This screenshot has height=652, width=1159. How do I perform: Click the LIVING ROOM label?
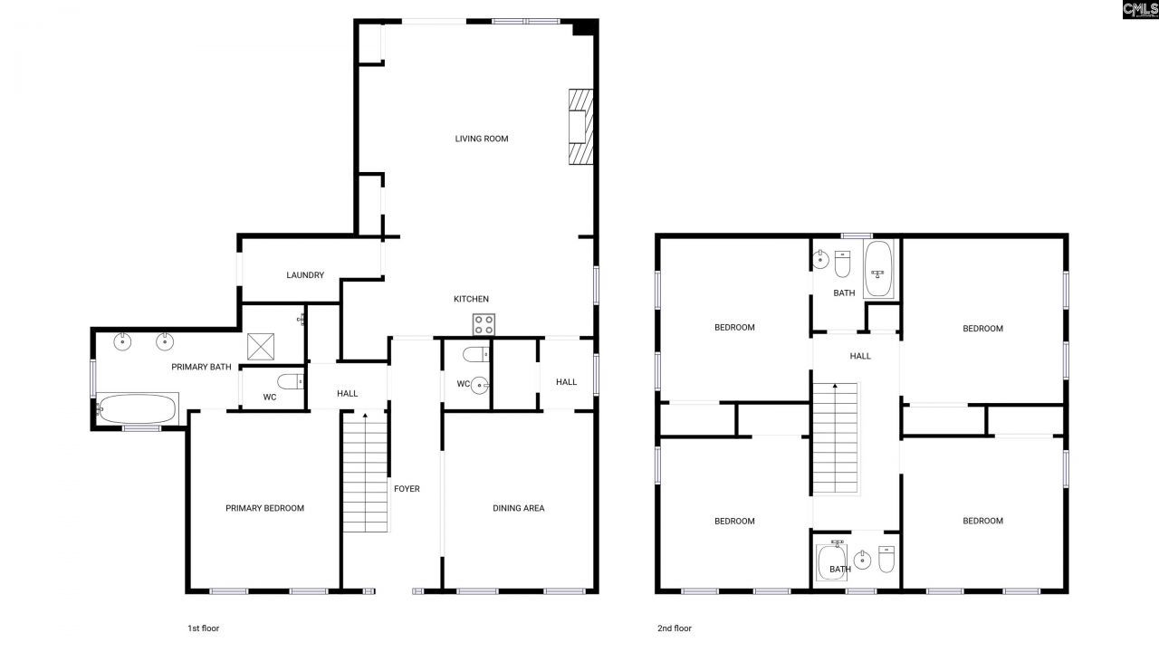pyautogui.click(x=481, y=139)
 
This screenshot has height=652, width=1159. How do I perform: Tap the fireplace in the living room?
pyautogui.click(x=579, y=127)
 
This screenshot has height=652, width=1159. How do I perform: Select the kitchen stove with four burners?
pyautogui.click(x=484, y=324)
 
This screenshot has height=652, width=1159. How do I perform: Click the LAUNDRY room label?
pyautogui.click(x=305, y=275)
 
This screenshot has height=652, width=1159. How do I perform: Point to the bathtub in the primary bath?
pyautogui.click(x=136, y=409)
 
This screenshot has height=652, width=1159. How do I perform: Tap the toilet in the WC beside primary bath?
pyautogui.click(x=289, y=380)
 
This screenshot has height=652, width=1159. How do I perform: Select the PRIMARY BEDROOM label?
pyautogui.click(x=264, y=508)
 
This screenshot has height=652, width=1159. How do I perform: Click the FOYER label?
pyautogui.click(x=407, y=489)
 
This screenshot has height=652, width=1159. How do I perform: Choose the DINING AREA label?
pyautogui.click(x=518, y=508)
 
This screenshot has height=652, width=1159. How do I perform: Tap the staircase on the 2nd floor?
pyautogui.click(x=834, y=438)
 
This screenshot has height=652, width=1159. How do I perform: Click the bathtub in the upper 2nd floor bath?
pyautogui.click(x=878, y=270)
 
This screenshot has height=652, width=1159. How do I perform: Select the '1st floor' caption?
pyautogui.click(x=203, y=628)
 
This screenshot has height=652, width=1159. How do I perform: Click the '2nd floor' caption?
pyautogui.click(x=675, y=628)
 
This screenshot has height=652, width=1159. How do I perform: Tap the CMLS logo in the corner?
pyautogui.click(x=1139, y=10)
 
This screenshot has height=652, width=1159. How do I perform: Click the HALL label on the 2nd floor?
pyautogui.click(x=860, y=356)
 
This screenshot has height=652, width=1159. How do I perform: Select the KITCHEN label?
pyautogui.click(x=471, y=299)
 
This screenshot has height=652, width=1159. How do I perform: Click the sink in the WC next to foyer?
pyautogui.click(x=480, y=385)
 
